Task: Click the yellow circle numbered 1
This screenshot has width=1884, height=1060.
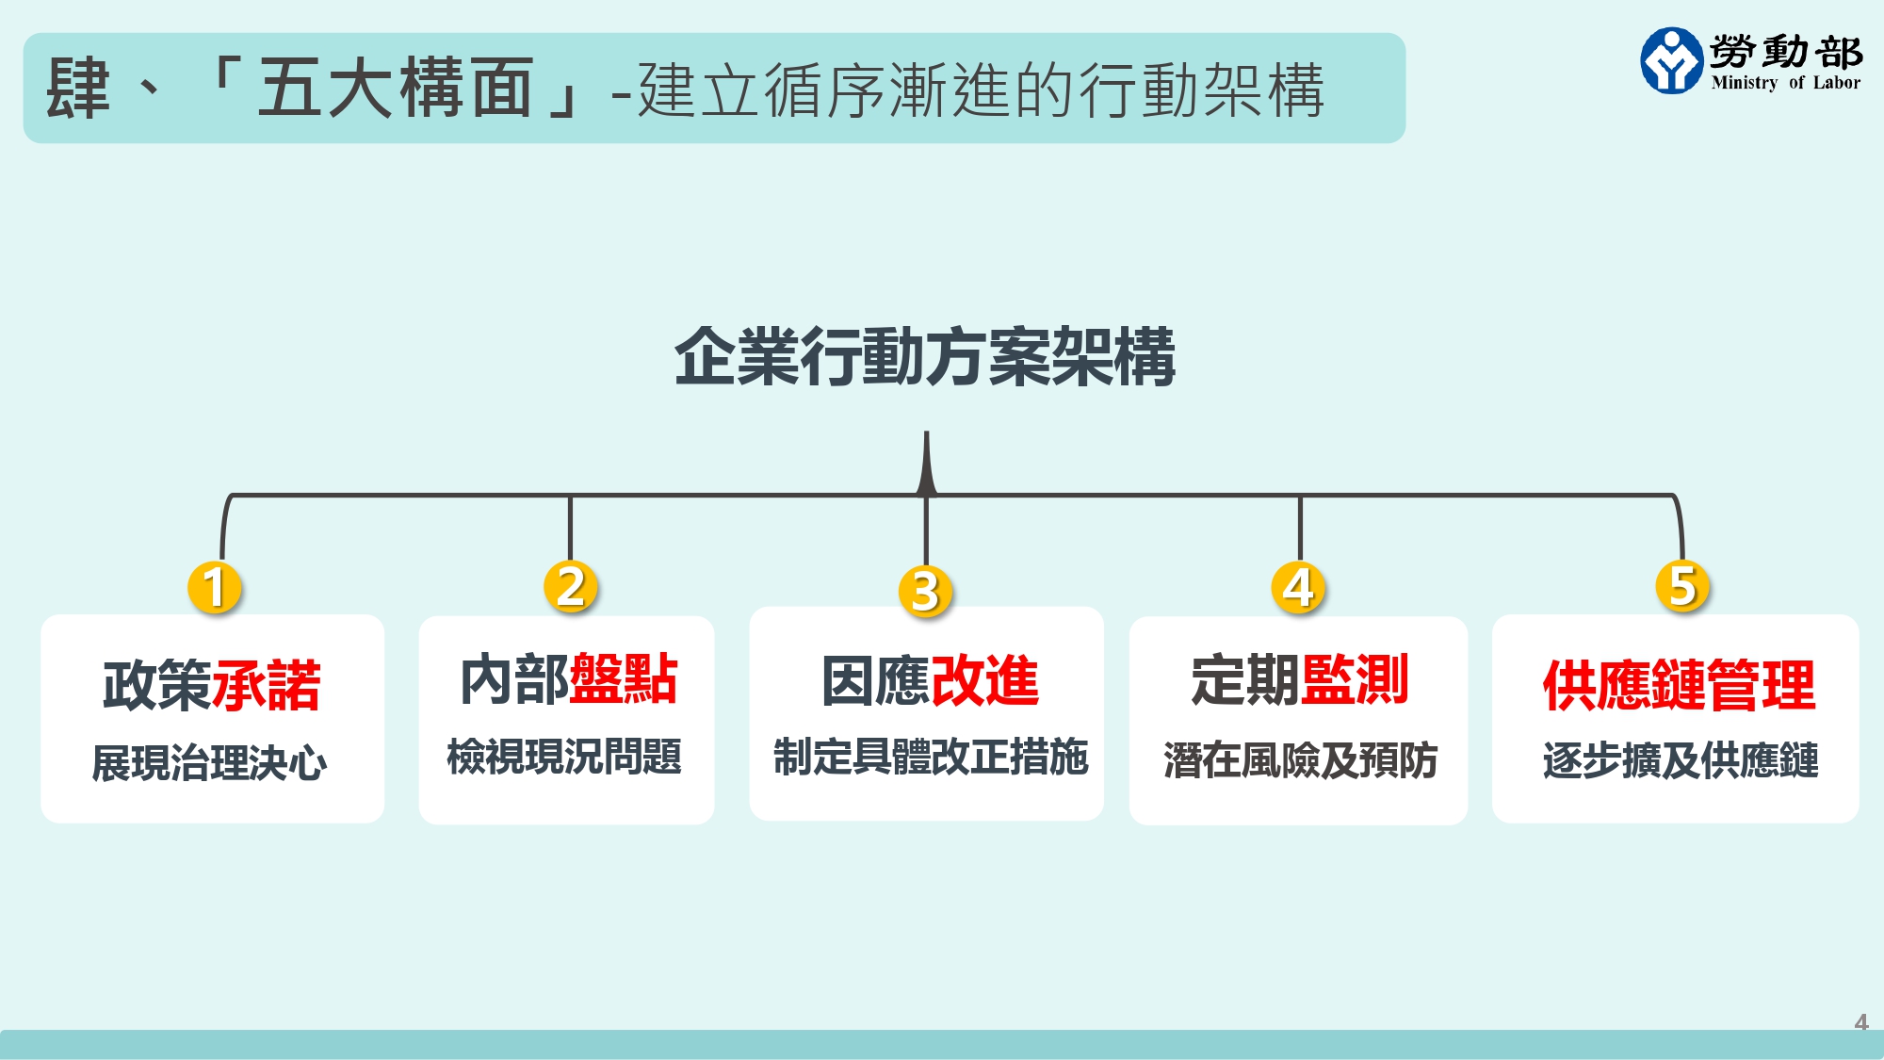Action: (x=215, y=587)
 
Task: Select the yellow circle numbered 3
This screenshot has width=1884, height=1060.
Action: (x=925, y=591)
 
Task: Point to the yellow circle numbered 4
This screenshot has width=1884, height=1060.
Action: (x=1298, y=587)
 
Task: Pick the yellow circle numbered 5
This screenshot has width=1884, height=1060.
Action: (x=1682, y=585)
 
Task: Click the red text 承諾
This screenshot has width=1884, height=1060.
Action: (x=268, y=685)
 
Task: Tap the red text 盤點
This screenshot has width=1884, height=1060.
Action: (x=624, y=679)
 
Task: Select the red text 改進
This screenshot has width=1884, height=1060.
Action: (x=984, y=680)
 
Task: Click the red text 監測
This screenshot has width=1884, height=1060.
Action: (x=1355, y=680)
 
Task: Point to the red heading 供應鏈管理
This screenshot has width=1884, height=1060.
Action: (x=1679, y=685)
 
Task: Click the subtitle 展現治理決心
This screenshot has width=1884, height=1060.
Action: (x=209, y=762)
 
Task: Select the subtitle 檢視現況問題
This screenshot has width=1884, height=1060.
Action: (x=564, y=757)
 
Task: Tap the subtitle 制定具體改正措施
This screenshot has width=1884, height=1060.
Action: (x=931, y=757)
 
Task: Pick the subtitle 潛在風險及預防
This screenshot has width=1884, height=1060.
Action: (x=1300, y=760)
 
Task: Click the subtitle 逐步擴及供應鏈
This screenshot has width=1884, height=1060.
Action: (x=1680, y=760)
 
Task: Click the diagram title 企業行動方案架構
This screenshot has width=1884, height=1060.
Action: (x=925, y=357)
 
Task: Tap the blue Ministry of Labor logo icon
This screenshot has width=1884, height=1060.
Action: (x=1671, y=60)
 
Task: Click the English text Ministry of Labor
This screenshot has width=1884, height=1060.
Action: (x=1785, y=83)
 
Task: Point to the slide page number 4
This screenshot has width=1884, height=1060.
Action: (x=1860, y=1021)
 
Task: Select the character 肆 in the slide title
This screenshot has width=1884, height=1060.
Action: (x=79, y=89)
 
